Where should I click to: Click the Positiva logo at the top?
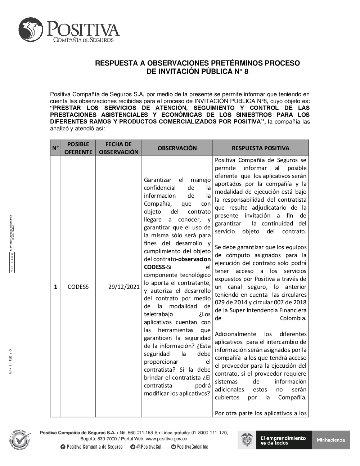click(68, 31)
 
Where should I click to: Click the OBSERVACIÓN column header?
click(177, 148)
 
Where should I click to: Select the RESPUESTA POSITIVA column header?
click(260, 148)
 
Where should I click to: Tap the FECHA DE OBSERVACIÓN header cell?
click(118, 148)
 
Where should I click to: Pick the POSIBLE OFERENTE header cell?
click(78, 148)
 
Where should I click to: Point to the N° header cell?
click(55, 148)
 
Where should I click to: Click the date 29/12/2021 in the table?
click(123, 287)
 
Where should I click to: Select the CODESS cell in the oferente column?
click(78, 287)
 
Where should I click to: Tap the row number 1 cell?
click(55, 287)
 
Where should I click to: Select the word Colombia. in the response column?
click(293, 318)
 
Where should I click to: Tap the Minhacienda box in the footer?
click(331, 440)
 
